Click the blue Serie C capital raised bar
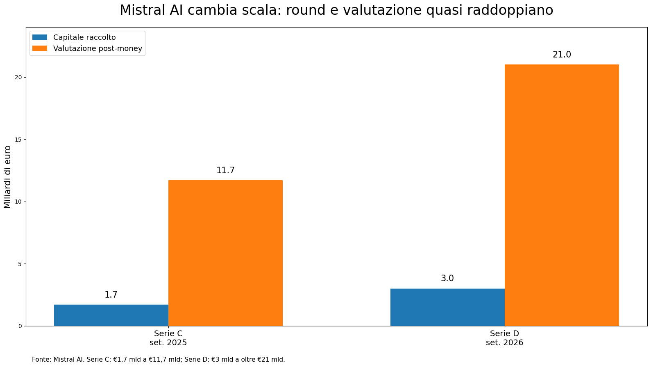pyautogui.click(x=111, y=315)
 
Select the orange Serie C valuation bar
pyautogui.click(x=225, y=253)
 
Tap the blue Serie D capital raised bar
pyautogui.click(x=447, y=307)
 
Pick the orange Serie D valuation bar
pyautogui.click(x=562, y=195)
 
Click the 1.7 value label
pyautogui.click(x=111, y=295)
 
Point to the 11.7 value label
pyautogui.click(x=225, y=170)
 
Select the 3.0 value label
pyautogui.click(x=447, y=278)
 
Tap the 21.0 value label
pyautogui.click(x=562, y=55)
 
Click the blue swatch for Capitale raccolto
pyautogui.click(x=39, y=37)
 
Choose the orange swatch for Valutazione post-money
pyautogui.click(x=39, y=48)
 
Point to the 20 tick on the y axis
pyautogui.click(x=18, y=78)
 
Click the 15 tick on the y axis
pyautogui.click(x=18, y=140)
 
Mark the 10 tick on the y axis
pyautogui.click(x=18, y=202)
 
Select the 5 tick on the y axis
pyautogui.click(x=20, y=264)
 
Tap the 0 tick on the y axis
pyautogui.click(x=20, y=326)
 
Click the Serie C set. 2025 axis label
pyautogui.click(x=168, y=338)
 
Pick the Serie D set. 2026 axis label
pyautogui.click(x=504, y=338)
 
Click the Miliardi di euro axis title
pyautogui.click(x=7, y=177)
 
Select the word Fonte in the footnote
pyautogui.click(x=41, y=360)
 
